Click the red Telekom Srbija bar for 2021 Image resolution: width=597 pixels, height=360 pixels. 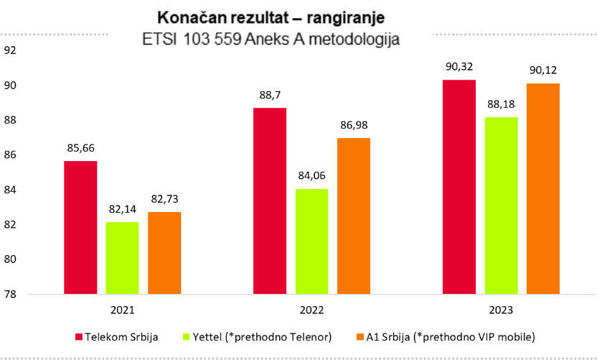[80, 227]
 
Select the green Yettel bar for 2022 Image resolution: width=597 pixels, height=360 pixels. [312, 241]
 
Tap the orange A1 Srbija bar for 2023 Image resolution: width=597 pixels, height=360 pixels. [543, 188]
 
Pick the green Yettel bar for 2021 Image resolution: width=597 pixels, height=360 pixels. [123, 258]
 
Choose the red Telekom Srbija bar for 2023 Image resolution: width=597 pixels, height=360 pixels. [459, 187]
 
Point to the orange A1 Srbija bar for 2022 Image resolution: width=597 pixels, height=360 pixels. [354, 216]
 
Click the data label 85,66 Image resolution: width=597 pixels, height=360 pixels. [80, 149]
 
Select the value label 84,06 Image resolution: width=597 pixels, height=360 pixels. [312, 177]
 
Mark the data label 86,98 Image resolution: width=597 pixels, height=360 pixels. [354, 126]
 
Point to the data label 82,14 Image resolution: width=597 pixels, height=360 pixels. [123, 210]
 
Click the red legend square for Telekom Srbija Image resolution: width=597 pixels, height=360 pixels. [79, 336]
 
